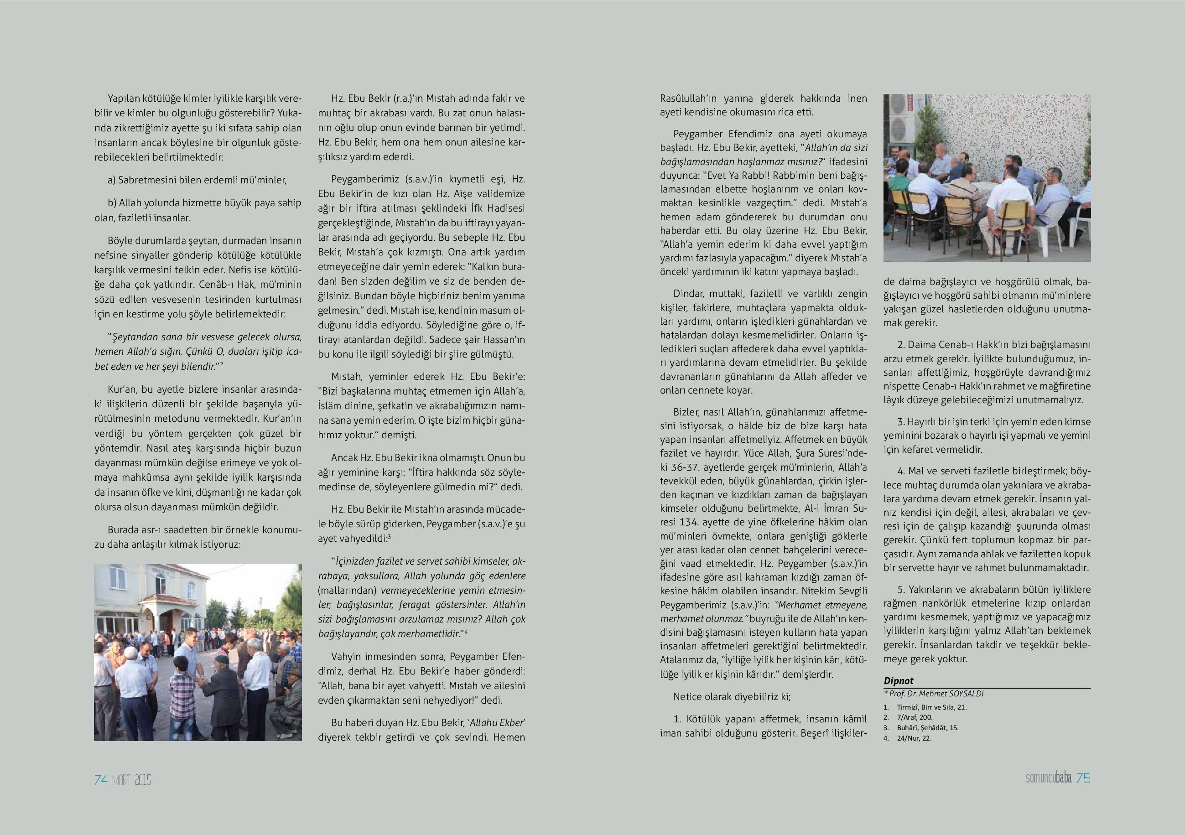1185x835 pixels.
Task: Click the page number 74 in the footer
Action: coord(101,780)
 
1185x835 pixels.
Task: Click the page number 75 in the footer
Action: coord(1083,779)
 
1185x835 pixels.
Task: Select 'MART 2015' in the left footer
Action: coord(132,780)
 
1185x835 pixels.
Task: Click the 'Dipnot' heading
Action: coord(899,681)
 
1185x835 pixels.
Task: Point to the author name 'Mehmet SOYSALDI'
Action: coord(951,694)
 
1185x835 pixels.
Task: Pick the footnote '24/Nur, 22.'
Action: coord(914,738)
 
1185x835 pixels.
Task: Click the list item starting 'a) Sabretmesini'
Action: coord(197,180)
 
